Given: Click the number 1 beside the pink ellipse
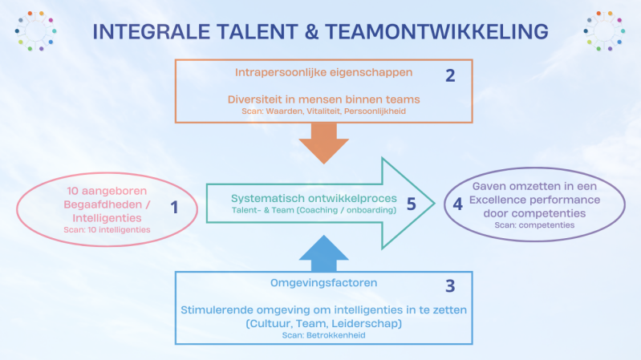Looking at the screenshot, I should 174,208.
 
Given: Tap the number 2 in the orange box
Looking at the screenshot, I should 450,76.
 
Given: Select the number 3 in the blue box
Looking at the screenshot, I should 450,285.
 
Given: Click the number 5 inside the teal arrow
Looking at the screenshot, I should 411,204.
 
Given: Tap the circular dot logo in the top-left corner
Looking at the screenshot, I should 34,30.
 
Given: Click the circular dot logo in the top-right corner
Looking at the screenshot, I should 605,30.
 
